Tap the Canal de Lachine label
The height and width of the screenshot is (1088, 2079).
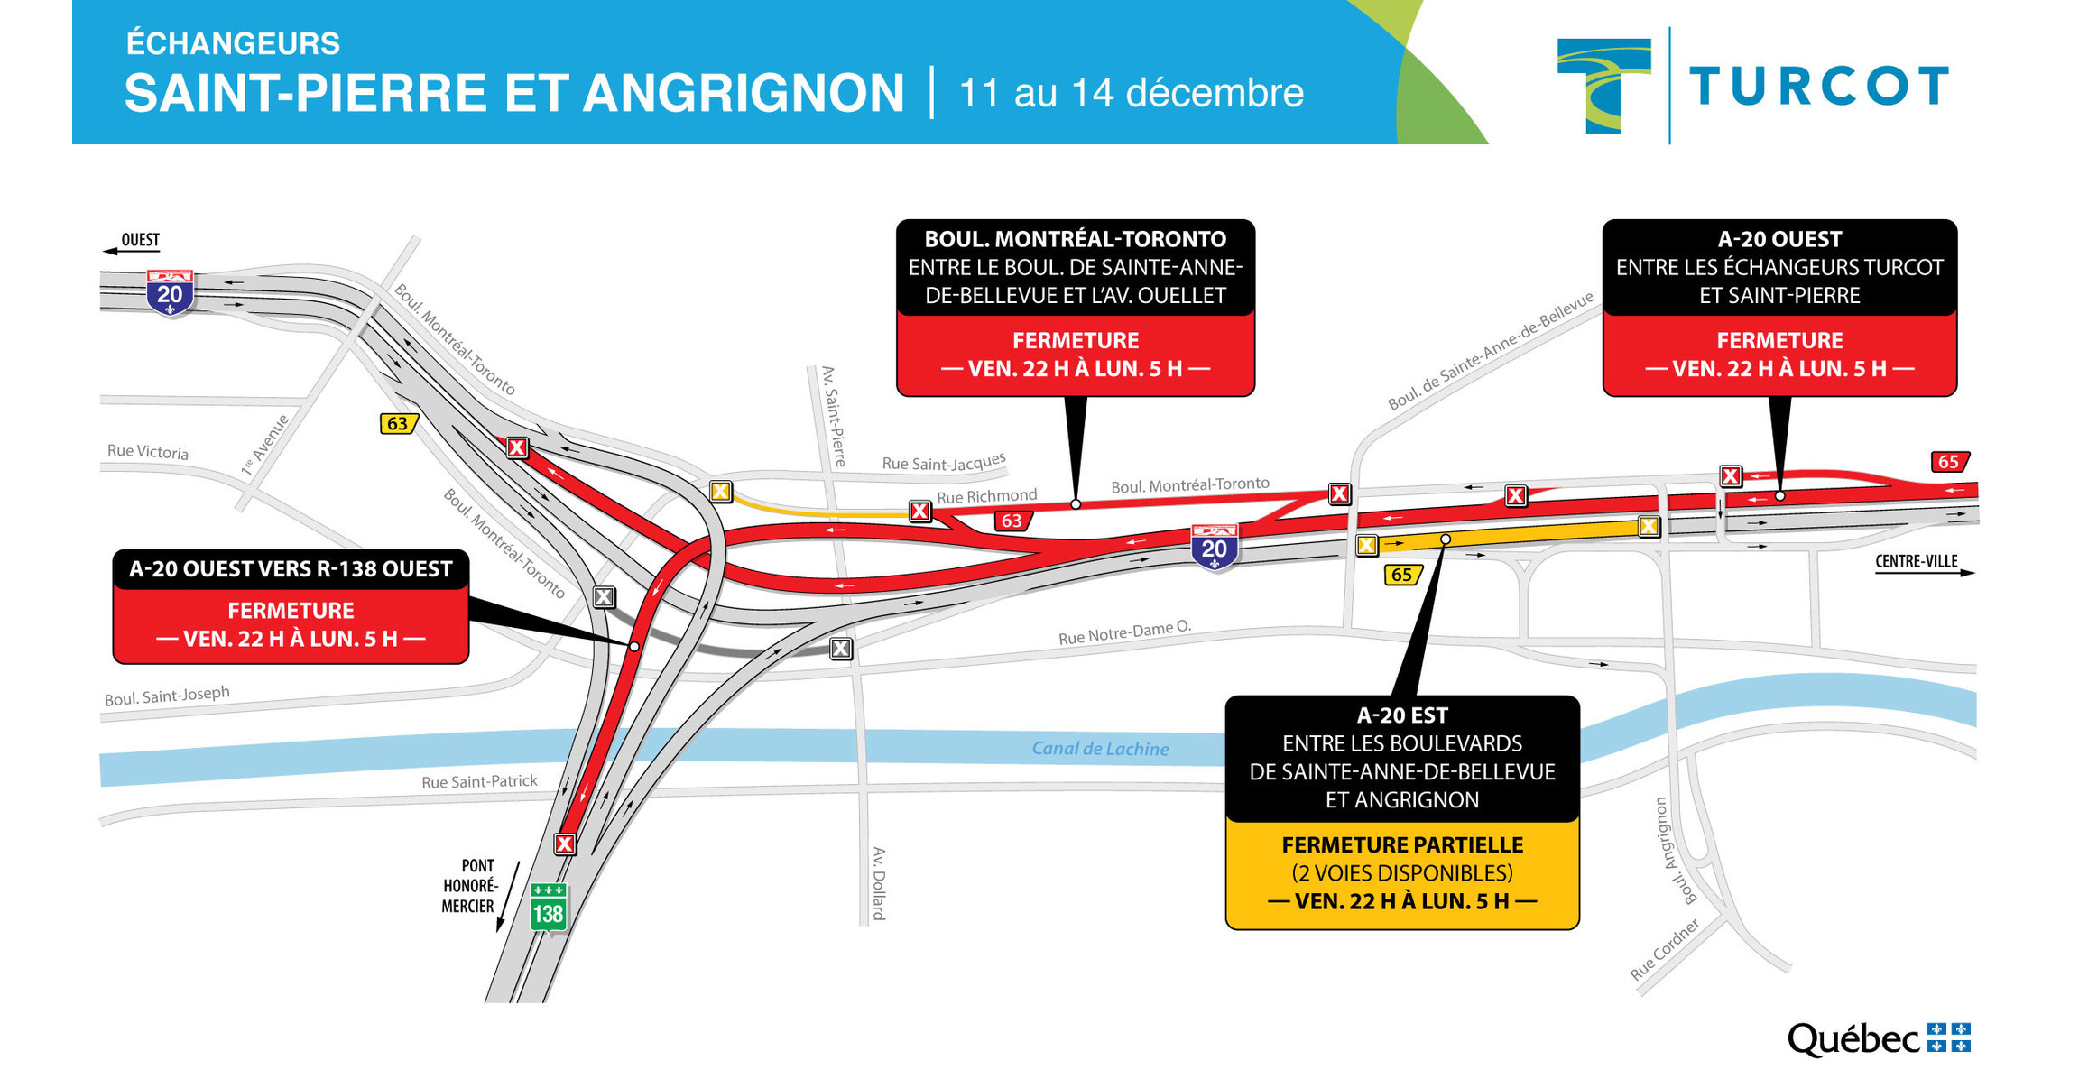[x=1100, y=749]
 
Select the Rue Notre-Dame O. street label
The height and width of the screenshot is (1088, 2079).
[x=1124, y=632]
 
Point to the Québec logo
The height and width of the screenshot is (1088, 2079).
[x=1879, y=1039]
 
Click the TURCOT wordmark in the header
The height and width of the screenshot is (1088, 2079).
[x=1818, y=87]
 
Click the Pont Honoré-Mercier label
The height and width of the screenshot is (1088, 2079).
[x=469, y=886]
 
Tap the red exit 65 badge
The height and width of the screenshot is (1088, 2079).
[x=1948, y=462]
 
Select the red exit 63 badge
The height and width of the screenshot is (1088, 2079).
[x=1012, y=521]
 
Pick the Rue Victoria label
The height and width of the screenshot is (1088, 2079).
[x=148, y=451]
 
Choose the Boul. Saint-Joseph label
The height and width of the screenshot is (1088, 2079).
[x=167, y=696]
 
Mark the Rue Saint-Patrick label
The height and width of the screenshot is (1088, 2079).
[x=479, y=781]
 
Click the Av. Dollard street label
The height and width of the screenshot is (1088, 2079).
[x=879, y=883]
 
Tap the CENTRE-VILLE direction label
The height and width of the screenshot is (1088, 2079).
[x=1916, y=561]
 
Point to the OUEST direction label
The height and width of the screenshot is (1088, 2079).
[x=140, y=240]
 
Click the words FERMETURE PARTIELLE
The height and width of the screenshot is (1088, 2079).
[x=1402, y=845]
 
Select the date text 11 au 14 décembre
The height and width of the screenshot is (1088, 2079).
[x=1132, y=93]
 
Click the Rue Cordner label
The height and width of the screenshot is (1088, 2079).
[x=1665, y=949]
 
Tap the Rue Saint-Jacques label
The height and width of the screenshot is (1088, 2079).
[x=943, y=462]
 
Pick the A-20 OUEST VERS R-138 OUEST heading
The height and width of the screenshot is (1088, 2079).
[x=291, y=569]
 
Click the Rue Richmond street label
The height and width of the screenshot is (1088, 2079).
[x=986, y=496]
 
